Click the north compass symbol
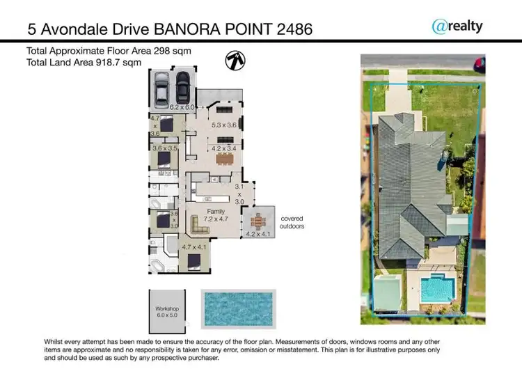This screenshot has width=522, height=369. coord(235,61)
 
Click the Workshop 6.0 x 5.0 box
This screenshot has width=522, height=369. coord(167,311)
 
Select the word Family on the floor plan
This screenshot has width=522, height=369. coord(215,210)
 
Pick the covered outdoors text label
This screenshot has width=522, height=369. coord(293,222)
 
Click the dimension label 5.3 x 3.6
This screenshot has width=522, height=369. coord(225,126)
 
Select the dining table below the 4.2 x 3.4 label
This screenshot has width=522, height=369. coord(225,158)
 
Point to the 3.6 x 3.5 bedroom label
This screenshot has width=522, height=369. coord(165,148)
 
